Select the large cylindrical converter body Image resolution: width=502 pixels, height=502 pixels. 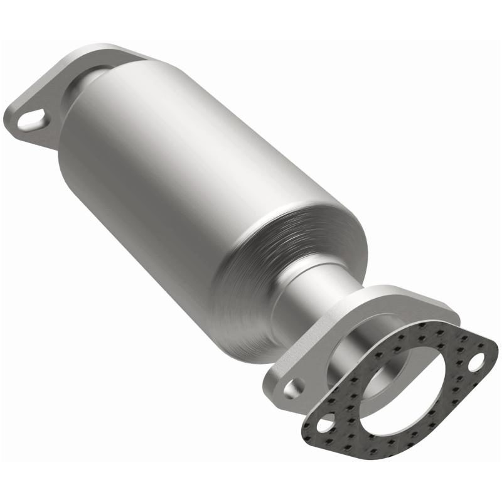pyautogui.click(x=188, y=163)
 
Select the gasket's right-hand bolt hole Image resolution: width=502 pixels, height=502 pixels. pyautogui.click(x=479, y=361)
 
